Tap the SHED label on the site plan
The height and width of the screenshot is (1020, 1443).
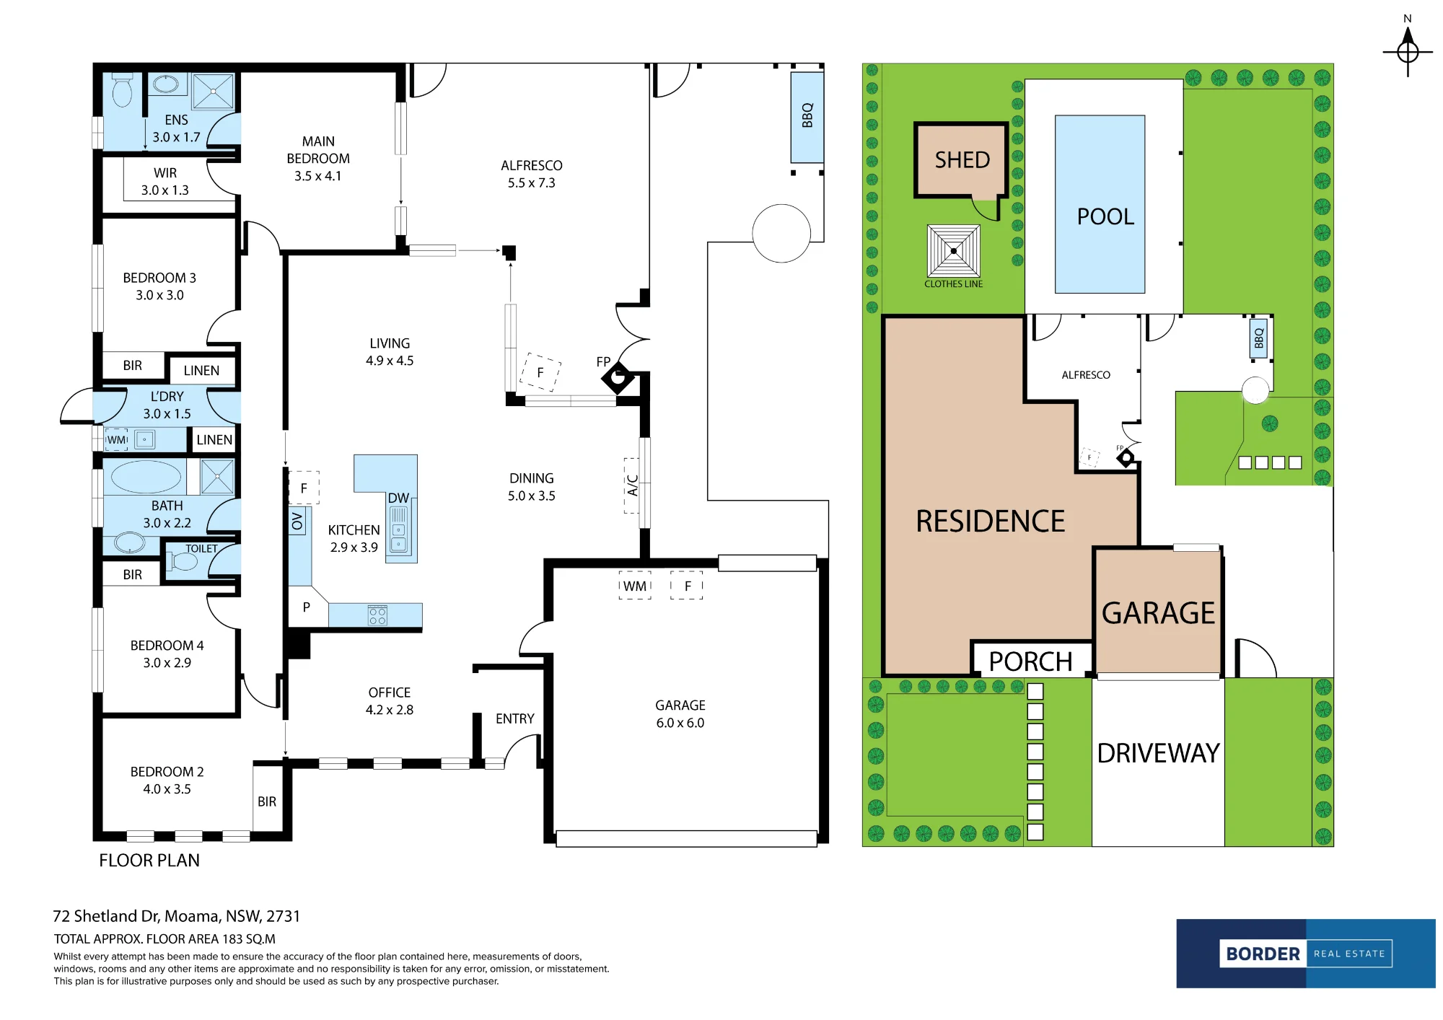[x=962, y=160]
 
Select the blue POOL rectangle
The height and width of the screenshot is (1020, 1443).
[x=1100, y=204]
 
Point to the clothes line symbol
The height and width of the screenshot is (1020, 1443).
[x=953, y=251]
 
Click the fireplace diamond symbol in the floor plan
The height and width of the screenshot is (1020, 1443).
[x=618, y=377]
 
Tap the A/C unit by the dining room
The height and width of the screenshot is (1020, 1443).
[x=632, y=485]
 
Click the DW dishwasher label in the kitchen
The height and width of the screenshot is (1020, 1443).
[x=398, y=498]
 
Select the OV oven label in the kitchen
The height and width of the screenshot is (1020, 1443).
[x=297, y=521]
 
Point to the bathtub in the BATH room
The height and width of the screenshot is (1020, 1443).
[x=146, y=477]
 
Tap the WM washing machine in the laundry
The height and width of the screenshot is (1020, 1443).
[x=117, y=439]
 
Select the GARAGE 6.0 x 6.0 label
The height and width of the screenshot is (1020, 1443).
[x=680, y=714]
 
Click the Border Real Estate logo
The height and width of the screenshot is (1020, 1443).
[x=1306, y=954]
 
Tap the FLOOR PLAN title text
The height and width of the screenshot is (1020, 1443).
[x=149, y=861]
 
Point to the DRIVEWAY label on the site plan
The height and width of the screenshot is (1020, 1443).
[x=1158, y=754]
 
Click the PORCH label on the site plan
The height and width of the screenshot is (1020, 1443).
[x=1030, y=661]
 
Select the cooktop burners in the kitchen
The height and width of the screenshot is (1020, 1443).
[x=377, y=615]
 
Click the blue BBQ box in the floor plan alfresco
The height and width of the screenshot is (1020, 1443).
[x=807, y=116]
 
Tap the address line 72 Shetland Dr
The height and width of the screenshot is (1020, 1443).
[x=177, y=916]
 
